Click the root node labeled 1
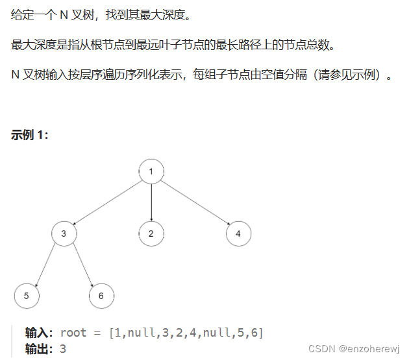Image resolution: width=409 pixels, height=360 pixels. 151,171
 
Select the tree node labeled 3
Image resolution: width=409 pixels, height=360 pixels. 64,234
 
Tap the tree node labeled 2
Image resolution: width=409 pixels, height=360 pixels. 151,234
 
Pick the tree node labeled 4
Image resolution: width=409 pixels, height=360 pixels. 239,234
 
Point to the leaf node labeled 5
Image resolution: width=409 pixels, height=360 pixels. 27,296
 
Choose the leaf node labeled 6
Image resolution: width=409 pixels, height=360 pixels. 101,296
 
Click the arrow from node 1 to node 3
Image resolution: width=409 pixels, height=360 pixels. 108,202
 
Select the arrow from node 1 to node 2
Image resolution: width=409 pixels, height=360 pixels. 151,202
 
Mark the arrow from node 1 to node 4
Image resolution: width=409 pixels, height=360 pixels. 195,202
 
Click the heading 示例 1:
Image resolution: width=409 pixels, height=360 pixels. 29,135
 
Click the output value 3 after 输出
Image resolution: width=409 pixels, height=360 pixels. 63,349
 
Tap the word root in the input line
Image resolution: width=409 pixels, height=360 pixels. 73,333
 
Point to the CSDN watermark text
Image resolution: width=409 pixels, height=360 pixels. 321,348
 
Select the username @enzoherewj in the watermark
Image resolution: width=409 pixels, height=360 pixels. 368,348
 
